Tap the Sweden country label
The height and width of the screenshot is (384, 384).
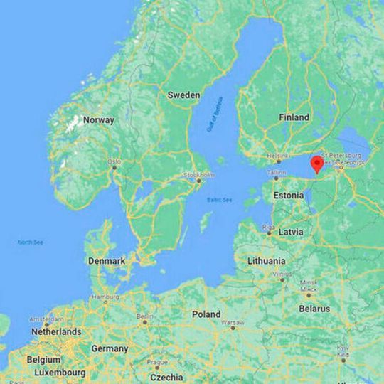183,95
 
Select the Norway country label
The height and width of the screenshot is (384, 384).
98,120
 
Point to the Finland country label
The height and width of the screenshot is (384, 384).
294,117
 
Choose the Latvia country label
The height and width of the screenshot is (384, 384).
291,233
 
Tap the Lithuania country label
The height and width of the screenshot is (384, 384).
266,261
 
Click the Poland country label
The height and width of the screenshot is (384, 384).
206,314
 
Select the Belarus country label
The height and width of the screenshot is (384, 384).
314,309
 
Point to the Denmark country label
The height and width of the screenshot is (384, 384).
107,261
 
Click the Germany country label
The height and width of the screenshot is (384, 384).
110,349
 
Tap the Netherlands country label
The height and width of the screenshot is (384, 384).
55,332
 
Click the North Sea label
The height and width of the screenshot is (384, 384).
31,243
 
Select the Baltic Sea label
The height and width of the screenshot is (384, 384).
219,200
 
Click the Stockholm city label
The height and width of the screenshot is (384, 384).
199,174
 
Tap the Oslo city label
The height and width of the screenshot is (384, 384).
114,162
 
